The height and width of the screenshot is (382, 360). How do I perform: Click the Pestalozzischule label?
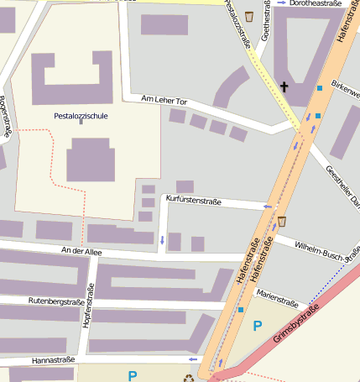point(81,117)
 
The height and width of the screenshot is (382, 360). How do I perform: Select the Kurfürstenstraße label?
point(193,200)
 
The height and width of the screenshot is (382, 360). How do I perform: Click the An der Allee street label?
point(81,250)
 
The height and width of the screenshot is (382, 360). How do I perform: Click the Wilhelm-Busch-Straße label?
point(328,250)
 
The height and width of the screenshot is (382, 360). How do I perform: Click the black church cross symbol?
point(284,86)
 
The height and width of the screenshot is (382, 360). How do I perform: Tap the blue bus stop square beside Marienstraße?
point(241,310)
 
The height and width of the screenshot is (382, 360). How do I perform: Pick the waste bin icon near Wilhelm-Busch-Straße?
point(282,222)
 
